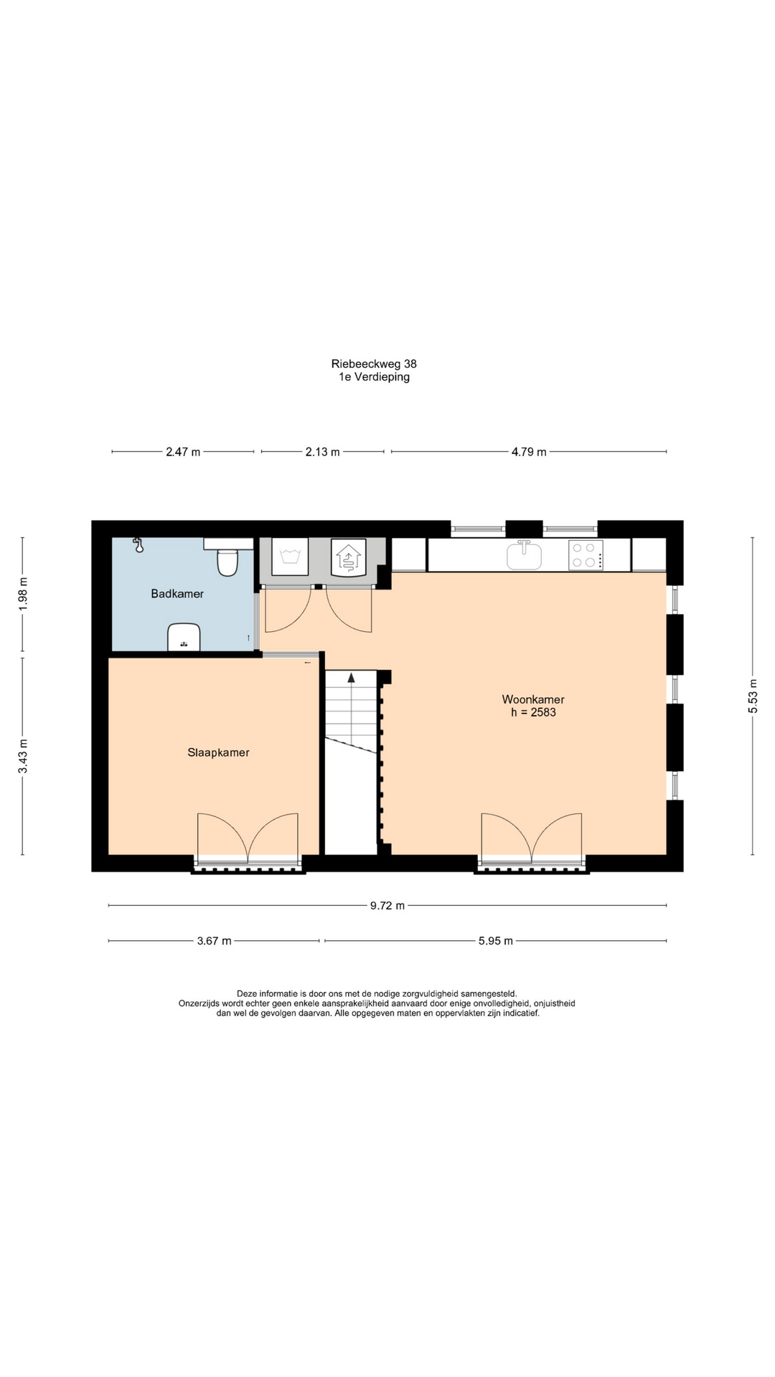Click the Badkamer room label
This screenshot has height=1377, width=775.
tap(177, 594)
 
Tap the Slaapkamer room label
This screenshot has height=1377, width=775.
tap(218, 752)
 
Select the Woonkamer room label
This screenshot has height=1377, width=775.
tap(532, 699)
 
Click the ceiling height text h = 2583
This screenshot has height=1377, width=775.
tap(533, 712)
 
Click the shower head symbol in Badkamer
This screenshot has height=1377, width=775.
tap(138, 545)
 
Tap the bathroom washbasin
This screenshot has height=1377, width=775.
tap(184, 638)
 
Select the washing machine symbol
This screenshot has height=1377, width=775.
tap(290, 557)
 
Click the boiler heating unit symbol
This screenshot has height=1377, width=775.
tap(349, 557)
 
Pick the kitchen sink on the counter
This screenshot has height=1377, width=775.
tap(525, 555)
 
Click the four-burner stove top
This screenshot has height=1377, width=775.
tap(586, 555)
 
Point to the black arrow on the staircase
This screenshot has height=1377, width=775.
tap(351, 676)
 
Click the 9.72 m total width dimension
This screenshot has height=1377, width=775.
tap(387, 906)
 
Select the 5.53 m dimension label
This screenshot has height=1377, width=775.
tap(753, 696)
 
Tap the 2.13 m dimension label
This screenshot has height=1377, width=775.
tap(322, 452)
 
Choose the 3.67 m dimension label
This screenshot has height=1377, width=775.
tap(214, 941)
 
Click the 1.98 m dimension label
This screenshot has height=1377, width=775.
tap(22, 594)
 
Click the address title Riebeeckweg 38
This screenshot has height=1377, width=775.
tap(374, 364)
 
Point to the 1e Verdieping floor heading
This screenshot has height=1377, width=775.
tap(375, 377)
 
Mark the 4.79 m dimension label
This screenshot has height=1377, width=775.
tap(529, 452)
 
